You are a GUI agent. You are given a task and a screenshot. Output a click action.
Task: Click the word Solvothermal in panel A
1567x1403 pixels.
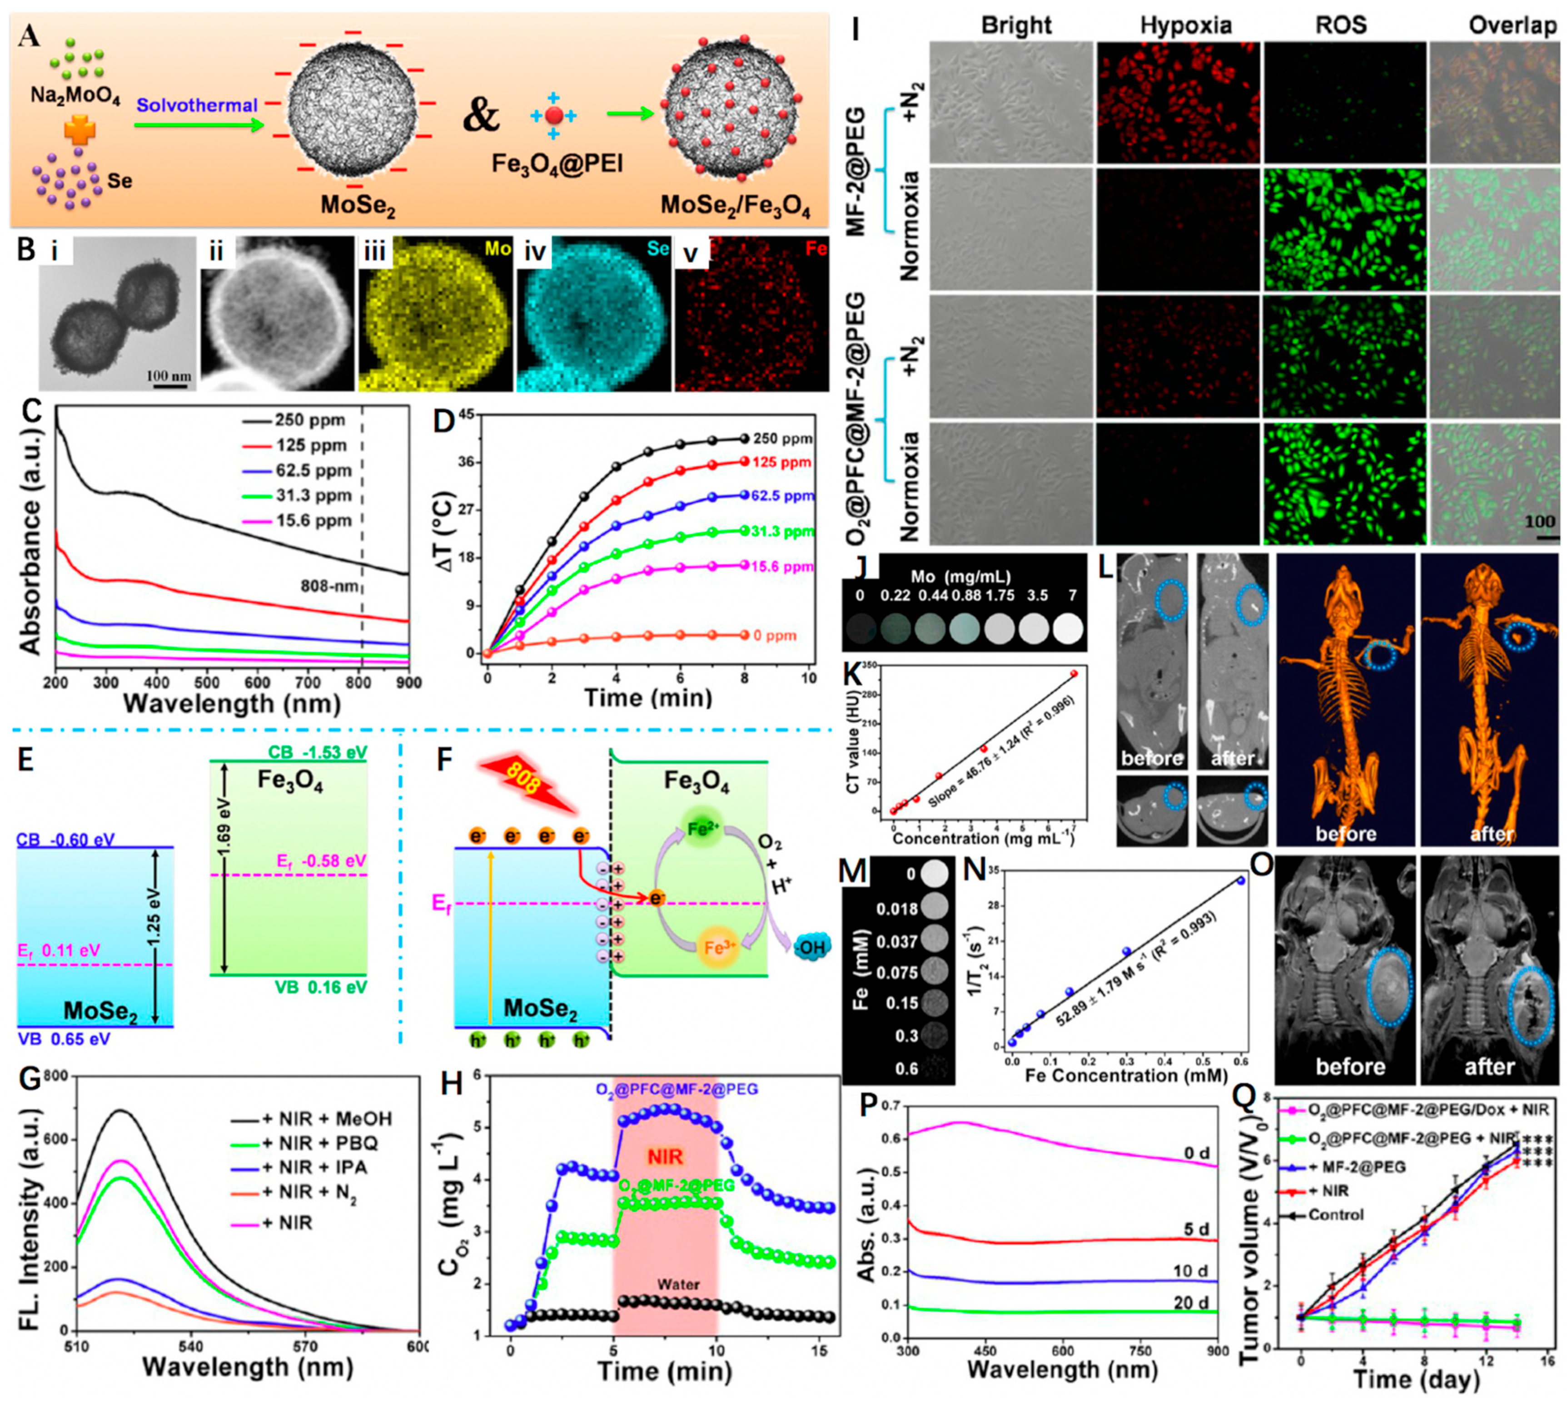point(198,106)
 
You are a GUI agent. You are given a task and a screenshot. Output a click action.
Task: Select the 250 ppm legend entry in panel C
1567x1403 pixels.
point(310,421)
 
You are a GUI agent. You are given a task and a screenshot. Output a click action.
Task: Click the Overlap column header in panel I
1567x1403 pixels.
point(1512,25)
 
